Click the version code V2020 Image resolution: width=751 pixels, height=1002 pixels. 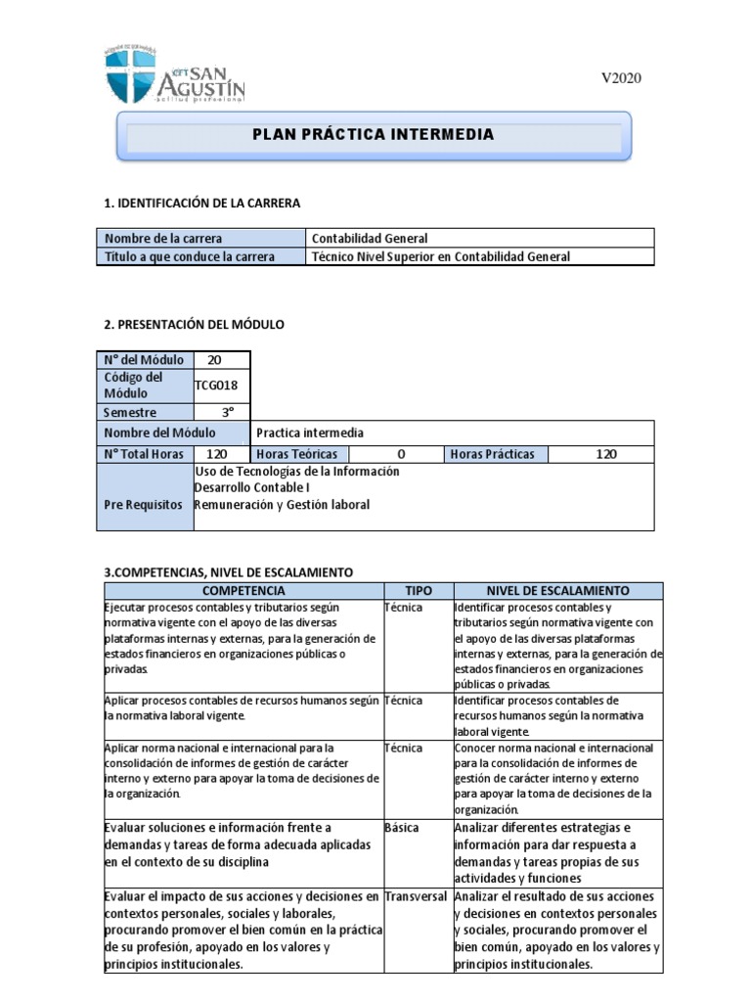pyautogui.click(x=620, y=79)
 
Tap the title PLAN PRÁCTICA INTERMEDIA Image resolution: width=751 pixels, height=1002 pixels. pyautogui.click(x=374, y=135)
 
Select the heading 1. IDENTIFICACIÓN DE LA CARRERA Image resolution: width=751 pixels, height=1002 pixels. pyautogui.click(x=202, y=203)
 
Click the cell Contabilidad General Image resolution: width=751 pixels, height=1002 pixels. pyautogui.click(x=369, y=238)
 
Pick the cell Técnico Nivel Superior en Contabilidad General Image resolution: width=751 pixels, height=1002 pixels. pyautogui.click(x=439, y=256)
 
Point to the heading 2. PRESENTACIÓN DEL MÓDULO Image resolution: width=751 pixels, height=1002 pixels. pyautogui.click(x=194, y=324)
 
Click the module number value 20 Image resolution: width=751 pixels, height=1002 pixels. pyautogui.click(x=214, y=360)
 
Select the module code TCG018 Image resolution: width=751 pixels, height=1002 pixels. pyautogui.click(x=216, y=386)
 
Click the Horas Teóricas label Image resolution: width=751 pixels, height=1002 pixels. pyautogui.click(x=296, y=454)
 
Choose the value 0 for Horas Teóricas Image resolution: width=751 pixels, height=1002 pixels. pyautogui.click(x=401, y=454)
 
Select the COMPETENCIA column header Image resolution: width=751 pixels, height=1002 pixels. pyautogui.click(x=243, y=591)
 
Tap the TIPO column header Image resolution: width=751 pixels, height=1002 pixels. pyautogui.click(x=418, y=591)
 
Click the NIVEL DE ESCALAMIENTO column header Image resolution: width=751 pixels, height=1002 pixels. pyautogui.click(x=557, y=591)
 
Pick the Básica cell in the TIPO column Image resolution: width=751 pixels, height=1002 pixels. pyautogui.click(x=401, y=828)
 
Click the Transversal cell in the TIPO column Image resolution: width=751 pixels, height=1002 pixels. pyautogui.click(x=416, y=896)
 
